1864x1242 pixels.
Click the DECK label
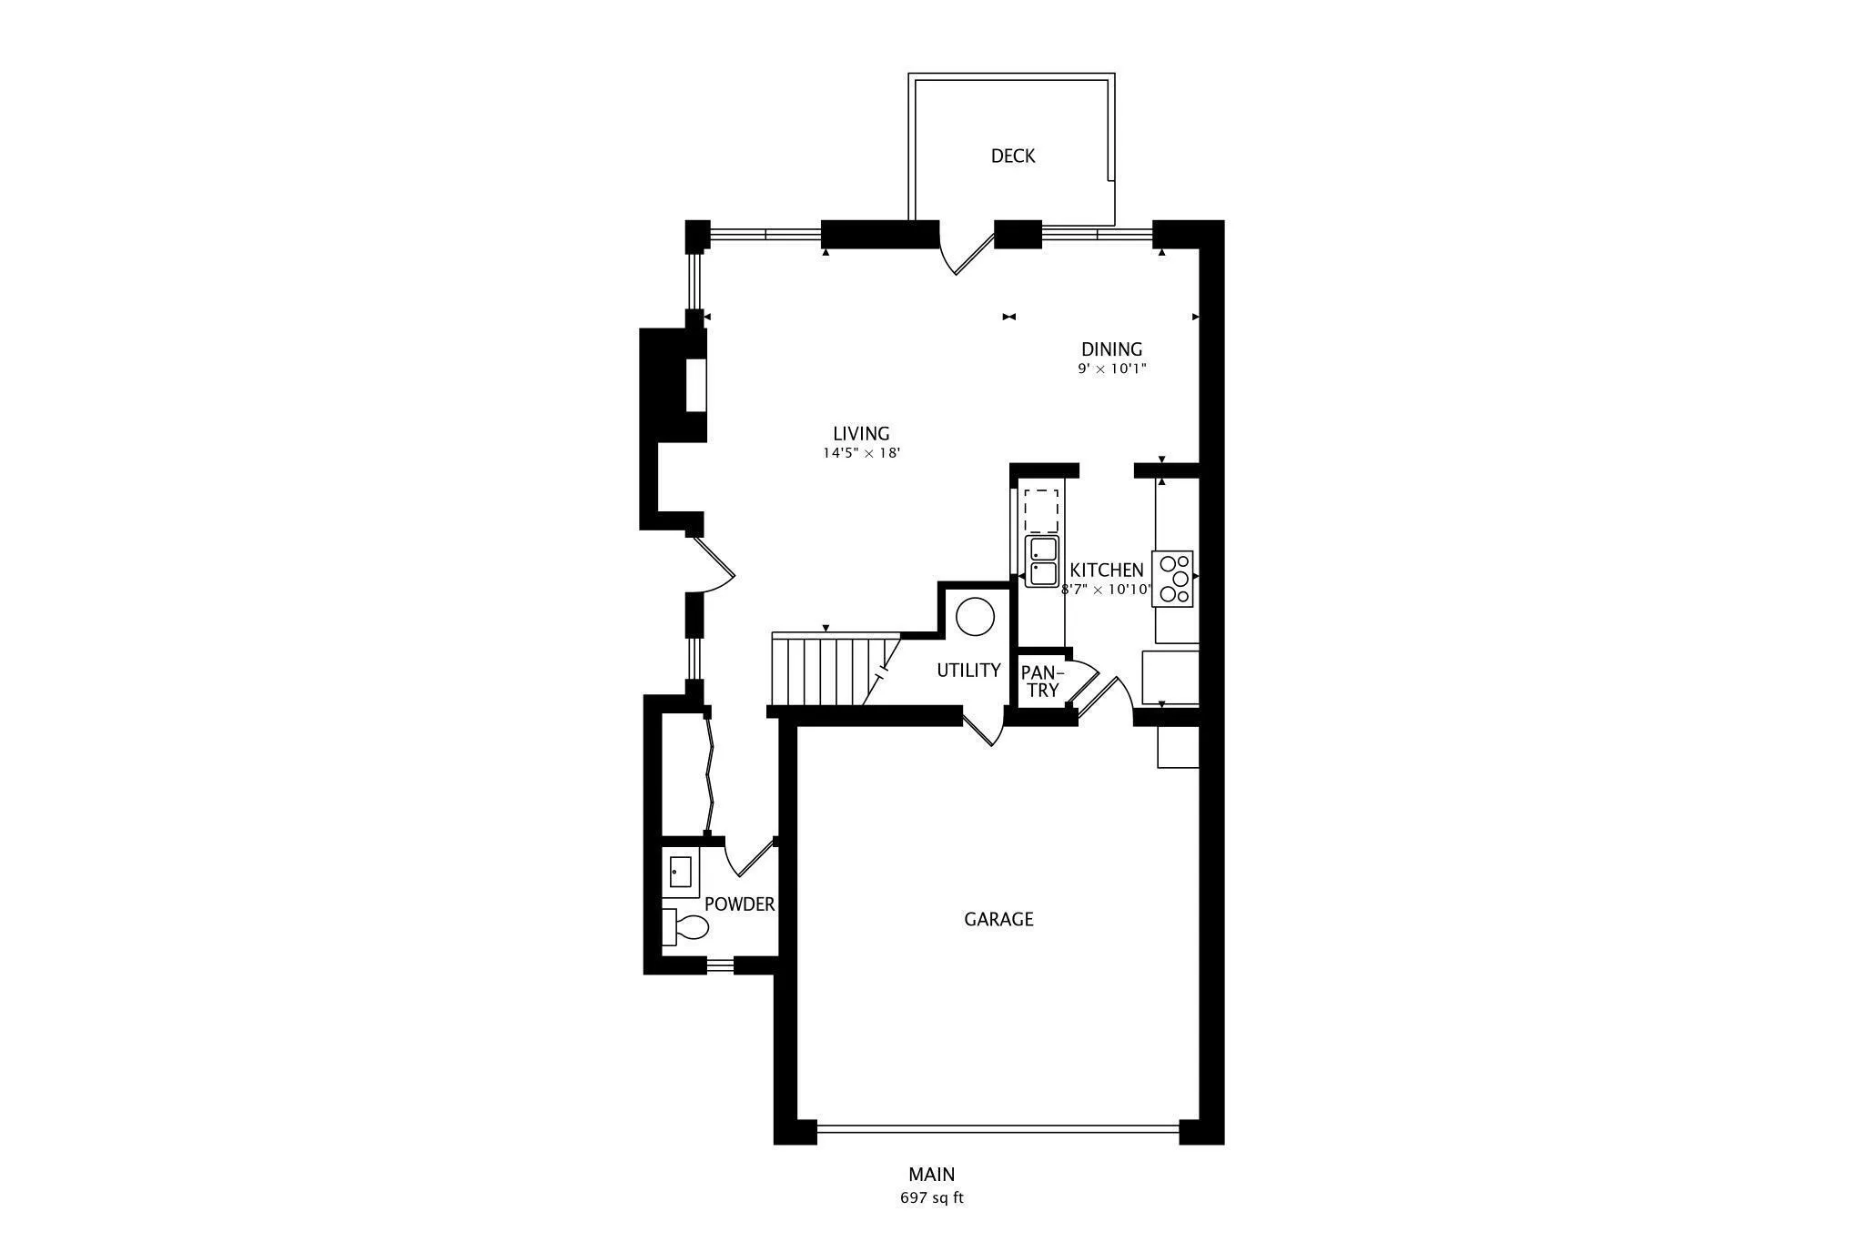pos(1012,156)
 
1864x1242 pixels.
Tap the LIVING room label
pos(861,433)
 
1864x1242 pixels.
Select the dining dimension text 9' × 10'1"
pos(1111,369)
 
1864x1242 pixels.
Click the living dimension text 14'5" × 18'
pos(861,453)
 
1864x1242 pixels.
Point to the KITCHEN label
pos(1106,570)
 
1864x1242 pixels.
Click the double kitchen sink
pos(1042,561)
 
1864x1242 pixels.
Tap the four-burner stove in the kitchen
pos(1173,579)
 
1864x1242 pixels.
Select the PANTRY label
pos(1040,681)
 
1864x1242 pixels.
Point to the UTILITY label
pos(968,670)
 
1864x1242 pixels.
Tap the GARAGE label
pos(998,919)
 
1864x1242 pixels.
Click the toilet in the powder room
pos(687,927)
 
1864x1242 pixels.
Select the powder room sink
pos(680,872)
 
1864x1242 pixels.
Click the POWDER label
pos(739,904)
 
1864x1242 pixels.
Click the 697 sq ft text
pos(931,1197)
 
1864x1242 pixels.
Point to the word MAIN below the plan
pos(931,1174)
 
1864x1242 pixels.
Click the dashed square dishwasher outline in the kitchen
pos(1041,510)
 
